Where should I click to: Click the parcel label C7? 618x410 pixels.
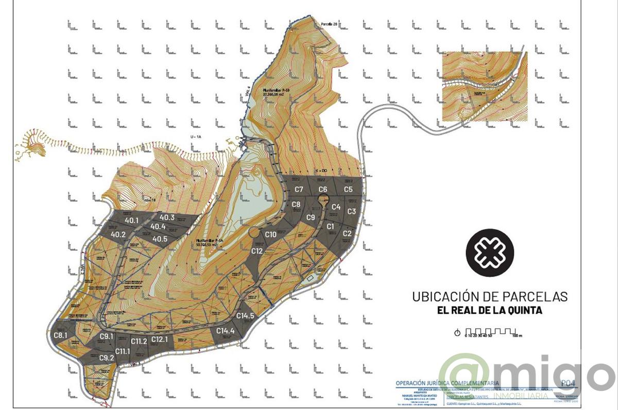298,190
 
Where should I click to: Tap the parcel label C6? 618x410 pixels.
323,190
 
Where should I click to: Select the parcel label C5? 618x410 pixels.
348,190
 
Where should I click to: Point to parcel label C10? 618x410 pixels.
271,235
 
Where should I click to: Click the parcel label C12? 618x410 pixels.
257,251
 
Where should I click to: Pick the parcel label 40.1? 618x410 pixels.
132,220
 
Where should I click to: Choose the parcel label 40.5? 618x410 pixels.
160,239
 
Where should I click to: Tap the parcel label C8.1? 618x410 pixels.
61,336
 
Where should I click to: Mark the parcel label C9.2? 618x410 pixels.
106,358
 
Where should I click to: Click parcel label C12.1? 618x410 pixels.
160,339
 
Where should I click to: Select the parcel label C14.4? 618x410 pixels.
226,331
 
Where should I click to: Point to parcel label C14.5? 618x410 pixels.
245,316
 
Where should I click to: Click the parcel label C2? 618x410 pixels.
347,234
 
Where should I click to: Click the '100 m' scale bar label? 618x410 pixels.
517,336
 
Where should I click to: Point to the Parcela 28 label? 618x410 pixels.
329,24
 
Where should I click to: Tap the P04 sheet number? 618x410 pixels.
566,383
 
